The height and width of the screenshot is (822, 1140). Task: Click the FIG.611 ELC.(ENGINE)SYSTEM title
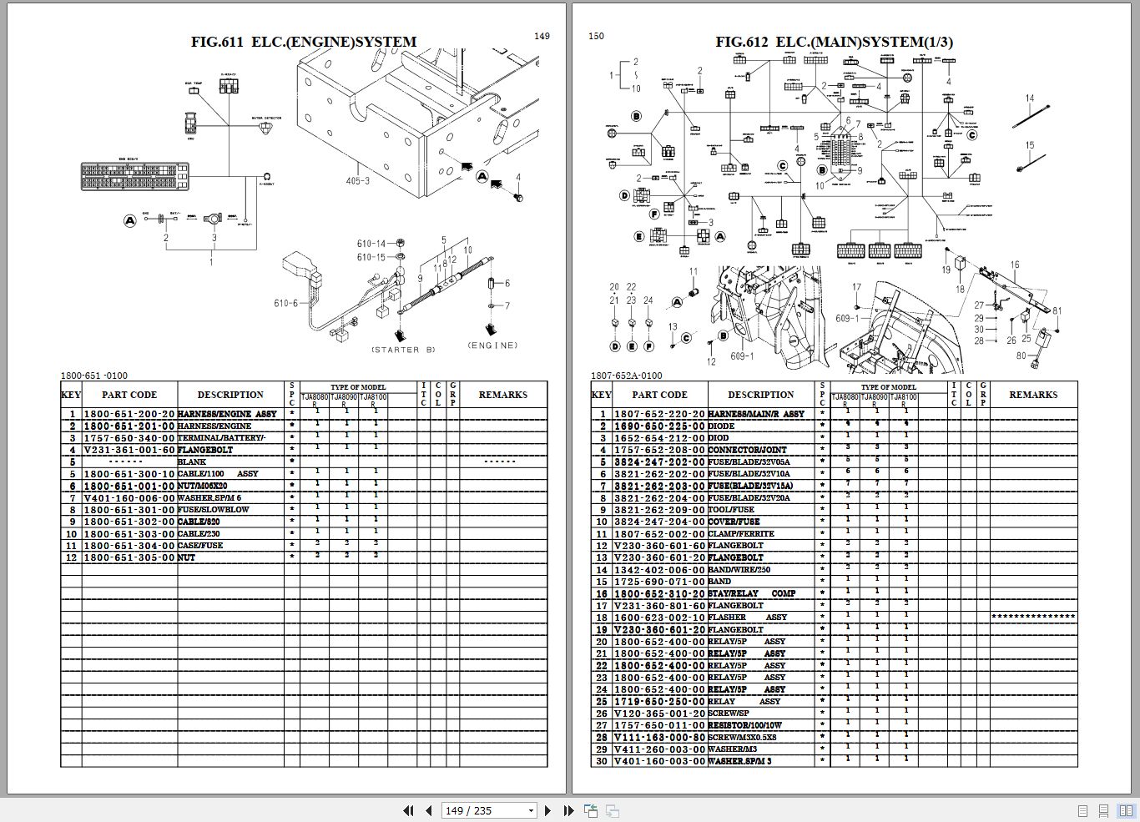point(304,42)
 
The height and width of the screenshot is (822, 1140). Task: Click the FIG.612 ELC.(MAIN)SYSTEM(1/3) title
point(834,42)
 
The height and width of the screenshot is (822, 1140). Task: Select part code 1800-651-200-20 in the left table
point(129,414)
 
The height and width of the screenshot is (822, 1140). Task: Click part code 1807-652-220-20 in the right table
point(659,414)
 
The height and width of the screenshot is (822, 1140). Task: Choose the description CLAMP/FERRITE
point(741,534)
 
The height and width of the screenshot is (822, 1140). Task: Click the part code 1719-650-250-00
point(659,702)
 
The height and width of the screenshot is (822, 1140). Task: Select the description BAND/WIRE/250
point(739,570)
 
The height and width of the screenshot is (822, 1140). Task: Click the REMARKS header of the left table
point(503,395)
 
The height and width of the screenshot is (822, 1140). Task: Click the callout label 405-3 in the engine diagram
point(357,181)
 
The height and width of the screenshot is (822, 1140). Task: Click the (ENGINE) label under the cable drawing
point(492,345)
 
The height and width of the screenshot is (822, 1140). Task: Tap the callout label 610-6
point(285,303)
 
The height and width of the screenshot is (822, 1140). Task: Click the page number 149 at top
point(542,36)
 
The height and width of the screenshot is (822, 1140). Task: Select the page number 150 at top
point(596,36)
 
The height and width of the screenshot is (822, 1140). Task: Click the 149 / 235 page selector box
point(490,810)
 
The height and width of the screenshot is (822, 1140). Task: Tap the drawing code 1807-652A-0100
point(627,376)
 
